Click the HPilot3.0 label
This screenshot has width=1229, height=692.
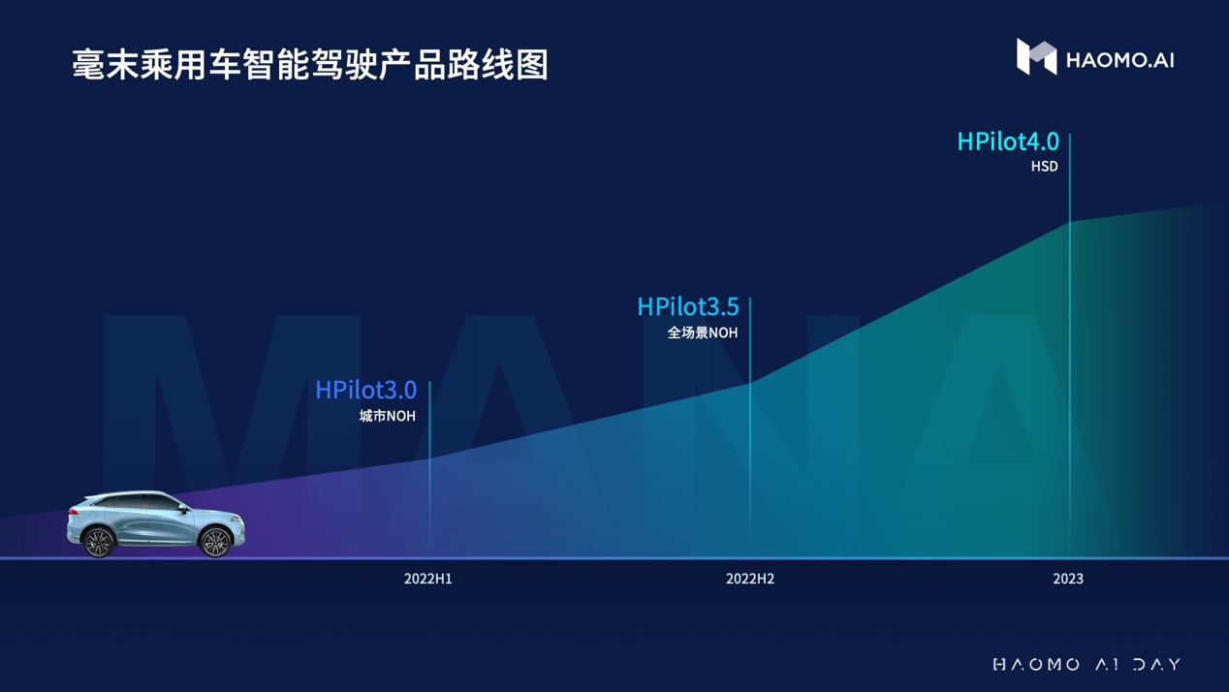point(366,391)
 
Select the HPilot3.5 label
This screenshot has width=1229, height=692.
point(688,307)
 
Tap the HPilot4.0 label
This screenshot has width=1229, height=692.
point(1008,142)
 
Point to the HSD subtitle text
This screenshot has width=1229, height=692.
point(1044,167)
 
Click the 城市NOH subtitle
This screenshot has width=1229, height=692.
point(388,416)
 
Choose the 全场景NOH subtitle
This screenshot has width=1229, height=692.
point(703,332)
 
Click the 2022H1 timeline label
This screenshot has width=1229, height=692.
point(428,579)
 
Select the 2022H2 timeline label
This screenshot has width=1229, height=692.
point(750,579)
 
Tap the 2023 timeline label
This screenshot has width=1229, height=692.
point(1068,579)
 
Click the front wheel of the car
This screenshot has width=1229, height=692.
point(215,542)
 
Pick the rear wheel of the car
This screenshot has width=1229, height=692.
point(98,542)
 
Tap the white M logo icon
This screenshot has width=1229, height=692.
point(1036,56)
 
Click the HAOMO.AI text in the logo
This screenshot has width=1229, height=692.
point(1119,60)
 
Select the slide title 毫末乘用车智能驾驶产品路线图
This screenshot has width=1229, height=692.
point(310,65)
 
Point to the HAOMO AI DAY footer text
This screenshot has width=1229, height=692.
point(1087,665)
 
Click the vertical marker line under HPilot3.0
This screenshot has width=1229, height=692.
point(429,467)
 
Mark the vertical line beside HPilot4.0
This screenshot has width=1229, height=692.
point(1070,343)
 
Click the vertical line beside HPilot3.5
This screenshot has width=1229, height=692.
point(750,425)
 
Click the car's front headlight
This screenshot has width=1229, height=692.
point(236,519)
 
